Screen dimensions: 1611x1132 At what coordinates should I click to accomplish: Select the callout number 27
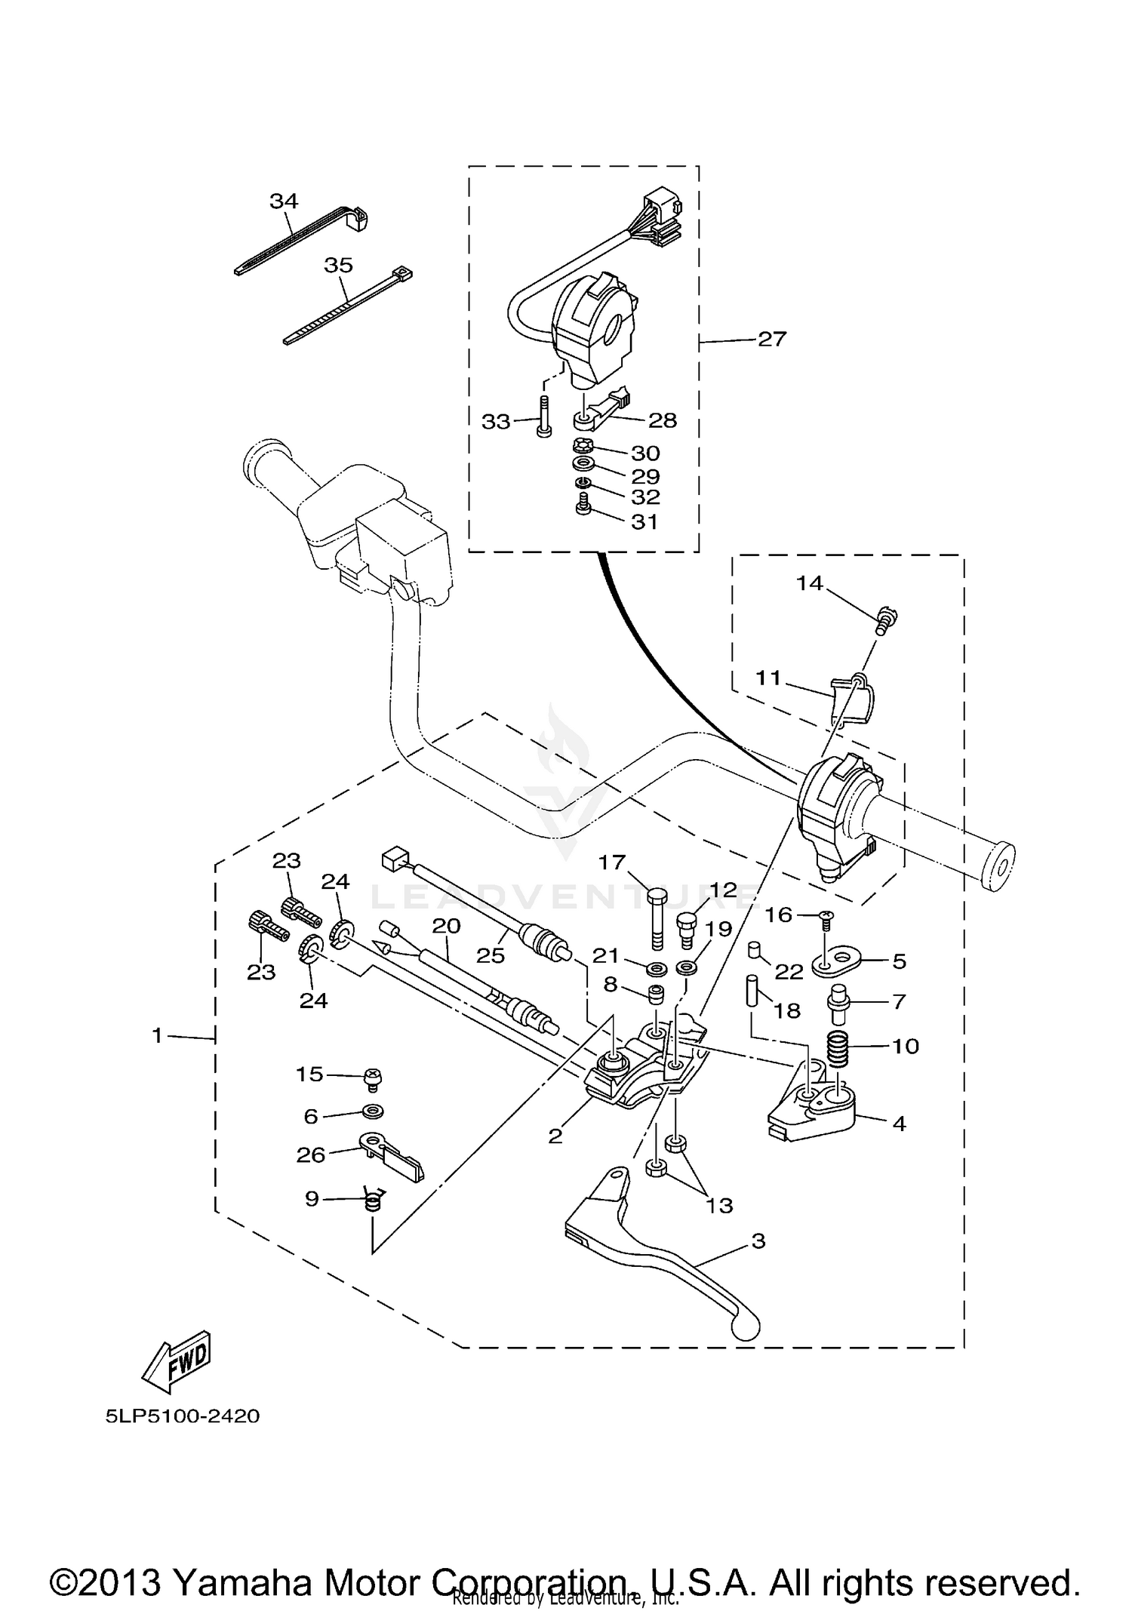click(771, 339)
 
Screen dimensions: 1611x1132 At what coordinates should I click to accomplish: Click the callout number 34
click(284, 201)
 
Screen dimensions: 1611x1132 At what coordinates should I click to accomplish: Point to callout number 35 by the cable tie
click(338, 266)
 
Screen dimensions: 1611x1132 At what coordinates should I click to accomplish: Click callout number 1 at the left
click(157, 1036)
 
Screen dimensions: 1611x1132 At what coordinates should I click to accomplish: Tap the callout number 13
click(719, 1206)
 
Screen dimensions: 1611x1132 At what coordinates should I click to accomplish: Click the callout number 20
click(446, 925)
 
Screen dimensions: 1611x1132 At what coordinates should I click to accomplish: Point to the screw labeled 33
click(543, 417)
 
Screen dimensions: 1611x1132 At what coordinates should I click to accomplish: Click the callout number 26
click(310, 1154)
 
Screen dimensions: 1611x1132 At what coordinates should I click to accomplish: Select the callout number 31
click(644, 521)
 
